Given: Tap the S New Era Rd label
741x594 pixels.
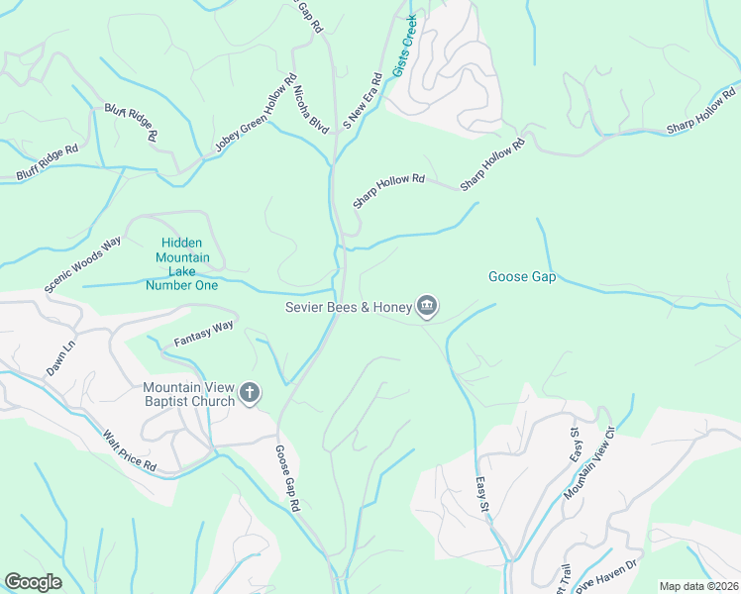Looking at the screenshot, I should [363, 101].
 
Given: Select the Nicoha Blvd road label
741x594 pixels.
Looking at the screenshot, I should [311, 108].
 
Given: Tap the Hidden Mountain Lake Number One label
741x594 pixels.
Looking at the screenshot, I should [181, 264].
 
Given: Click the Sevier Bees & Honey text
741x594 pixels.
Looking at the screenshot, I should [348, 308].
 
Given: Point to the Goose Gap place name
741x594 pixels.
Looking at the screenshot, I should [522, 277].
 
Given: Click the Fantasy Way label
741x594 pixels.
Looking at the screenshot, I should [203, 332].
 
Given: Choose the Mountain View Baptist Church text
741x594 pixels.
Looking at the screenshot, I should [188, 394].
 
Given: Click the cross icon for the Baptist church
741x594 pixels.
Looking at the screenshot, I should [249, 394].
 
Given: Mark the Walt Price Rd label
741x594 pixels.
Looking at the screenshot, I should [130, 449].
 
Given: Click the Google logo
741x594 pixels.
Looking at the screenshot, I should [33, 582].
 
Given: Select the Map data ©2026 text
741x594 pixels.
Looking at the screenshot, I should [698, 586].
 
